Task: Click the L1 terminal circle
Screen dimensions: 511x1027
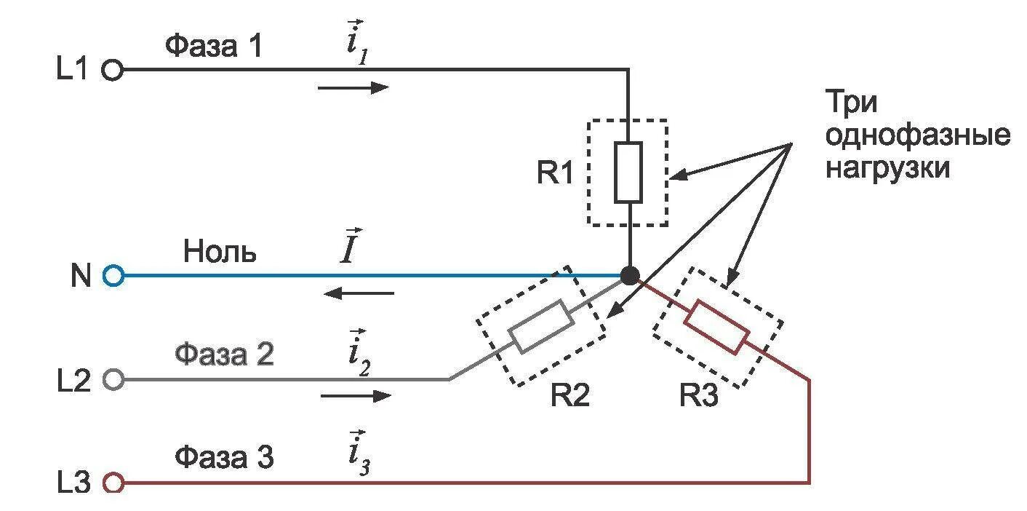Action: click(113, 70)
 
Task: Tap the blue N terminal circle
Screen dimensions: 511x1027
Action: click(113, 276)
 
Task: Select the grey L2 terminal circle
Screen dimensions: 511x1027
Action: click(113, 379)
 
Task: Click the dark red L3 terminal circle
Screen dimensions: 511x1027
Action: click(113, 482)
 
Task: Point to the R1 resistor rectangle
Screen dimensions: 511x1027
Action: click(628, 173)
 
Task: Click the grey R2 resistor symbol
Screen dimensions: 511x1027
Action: click(539, 327)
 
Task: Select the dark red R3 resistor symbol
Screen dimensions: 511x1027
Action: click(718, 327)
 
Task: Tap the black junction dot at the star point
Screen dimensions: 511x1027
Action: click(630, 276)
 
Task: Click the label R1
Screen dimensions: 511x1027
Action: click(556, 173)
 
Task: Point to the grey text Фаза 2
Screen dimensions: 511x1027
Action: click(224, 355)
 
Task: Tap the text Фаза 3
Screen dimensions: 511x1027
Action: click(224, 459)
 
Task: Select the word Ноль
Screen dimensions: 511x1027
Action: click(220, 252)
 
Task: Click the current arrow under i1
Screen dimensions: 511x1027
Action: click(353, 88)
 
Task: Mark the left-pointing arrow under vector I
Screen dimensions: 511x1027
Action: click(359, 293)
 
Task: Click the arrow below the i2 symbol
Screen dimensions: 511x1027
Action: click(356, 396)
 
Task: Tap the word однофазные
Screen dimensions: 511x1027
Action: click(917, 136)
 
